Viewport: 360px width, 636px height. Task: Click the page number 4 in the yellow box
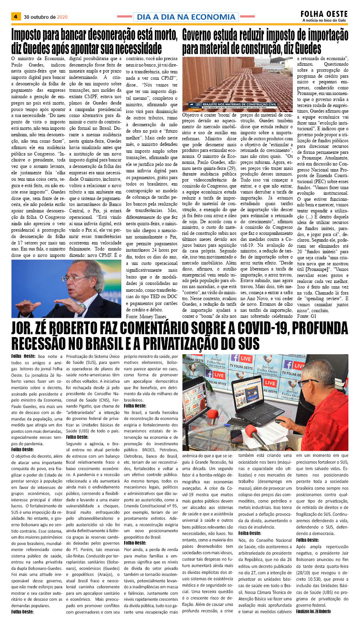16,17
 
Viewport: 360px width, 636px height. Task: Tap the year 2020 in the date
62,17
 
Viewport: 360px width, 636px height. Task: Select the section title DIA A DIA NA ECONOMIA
186,17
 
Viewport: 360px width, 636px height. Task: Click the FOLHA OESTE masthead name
324,14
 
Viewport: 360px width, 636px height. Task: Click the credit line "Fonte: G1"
306,316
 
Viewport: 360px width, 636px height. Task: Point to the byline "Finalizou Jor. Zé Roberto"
314,611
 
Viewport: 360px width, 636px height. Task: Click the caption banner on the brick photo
234,106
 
